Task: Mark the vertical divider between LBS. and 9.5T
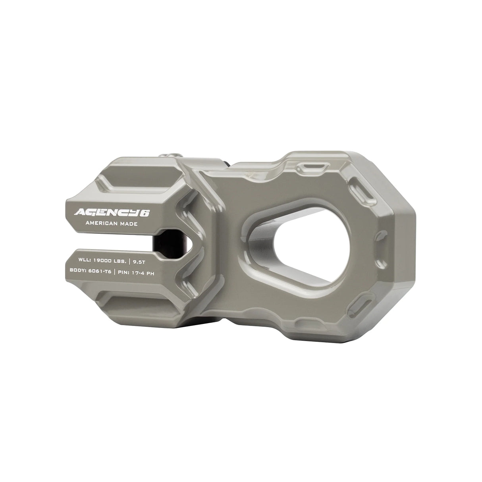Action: coord(131,261)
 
